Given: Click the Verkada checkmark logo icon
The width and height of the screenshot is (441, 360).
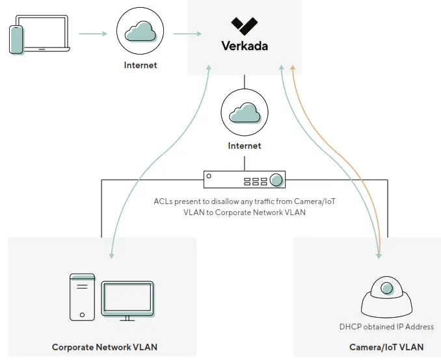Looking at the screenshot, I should [244, 25].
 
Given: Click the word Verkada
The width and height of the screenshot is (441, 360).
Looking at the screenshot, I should [244, 46].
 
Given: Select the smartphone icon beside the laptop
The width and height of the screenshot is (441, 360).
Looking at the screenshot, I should [17, 40].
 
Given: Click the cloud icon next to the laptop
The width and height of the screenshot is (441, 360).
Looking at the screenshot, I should [140, 32].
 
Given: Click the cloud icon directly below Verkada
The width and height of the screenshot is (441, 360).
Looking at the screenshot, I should [245, 114].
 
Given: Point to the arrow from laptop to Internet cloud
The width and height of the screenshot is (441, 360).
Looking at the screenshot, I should [93, 33].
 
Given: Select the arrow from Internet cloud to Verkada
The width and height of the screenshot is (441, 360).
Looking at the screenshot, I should [188, 33].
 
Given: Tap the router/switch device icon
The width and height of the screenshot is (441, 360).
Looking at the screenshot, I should [245, 179].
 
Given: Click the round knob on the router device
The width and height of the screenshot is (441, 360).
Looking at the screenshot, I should [276, 180].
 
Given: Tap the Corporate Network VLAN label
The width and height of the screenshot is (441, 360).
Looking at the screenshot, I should [104, 347].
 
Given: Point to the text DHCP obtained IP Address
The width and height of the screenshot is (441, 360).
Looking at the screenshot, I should [386, 327].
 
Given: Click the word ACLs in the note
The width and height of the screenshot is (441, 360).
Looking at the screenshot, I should [164, 201].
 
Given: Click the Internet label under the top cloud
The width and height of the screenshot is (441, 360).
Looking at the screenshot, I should [140, 65].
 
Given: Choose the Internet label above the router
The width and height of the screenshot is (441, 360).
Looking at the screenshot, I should [245, 146].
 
